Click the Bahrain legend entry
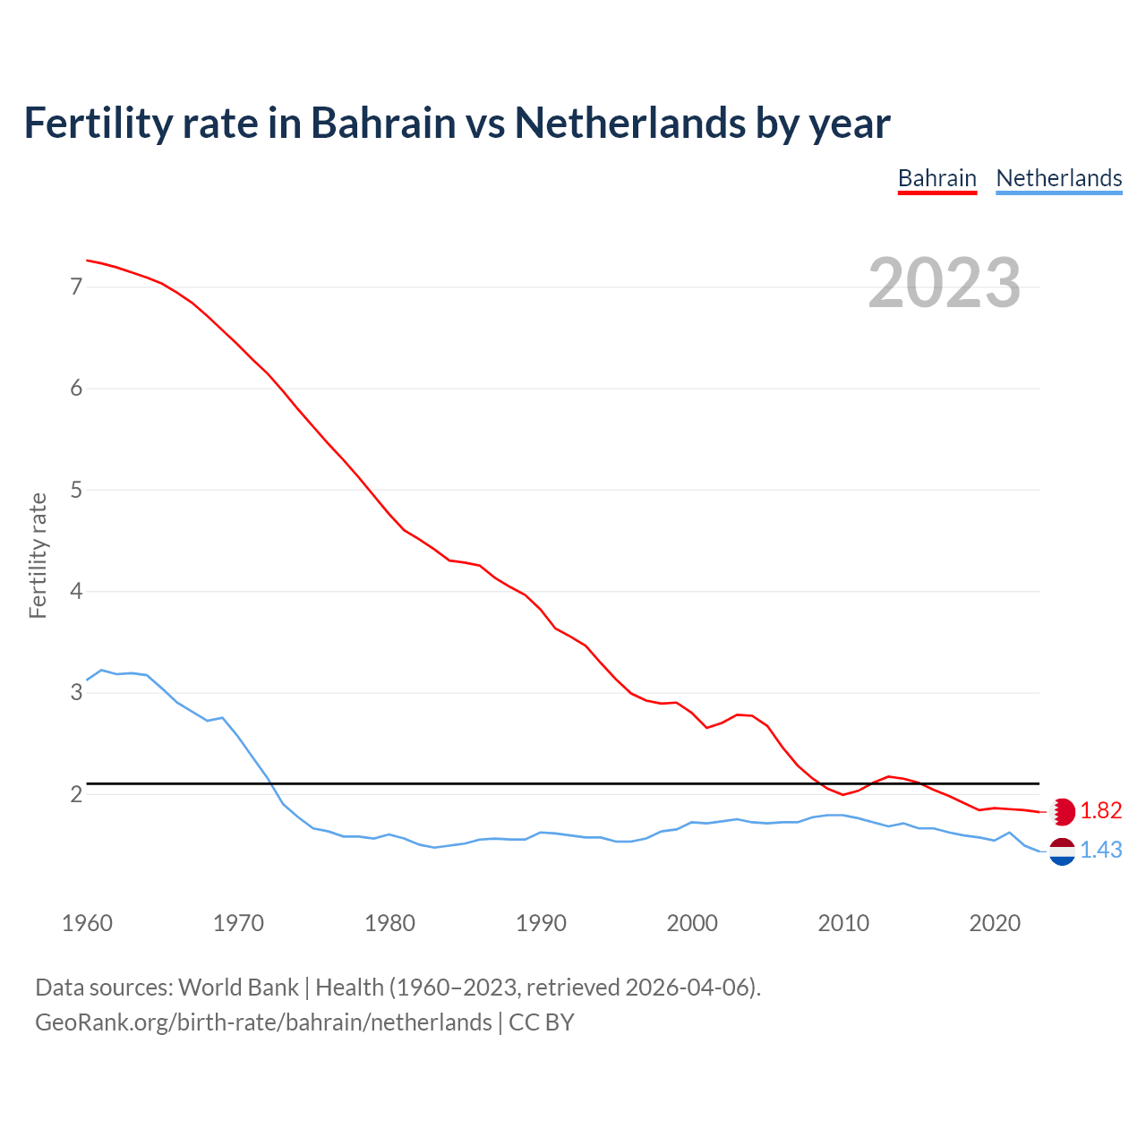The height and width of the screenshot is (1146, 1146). point(936,178)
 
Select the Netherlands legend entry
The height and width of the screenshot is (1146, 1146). point(1058,178)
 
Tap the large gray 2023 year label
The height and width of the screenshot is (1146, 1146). point(944,283)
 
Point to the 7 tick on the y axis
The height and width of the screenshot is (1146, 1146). point(76,287)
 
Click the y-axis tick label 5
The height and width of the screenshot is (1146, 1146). point(76,490)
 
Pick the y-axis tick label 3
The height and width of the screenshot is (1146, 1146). point(76,693)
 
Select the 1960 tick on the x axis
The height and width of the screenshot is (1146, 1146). point(87,923)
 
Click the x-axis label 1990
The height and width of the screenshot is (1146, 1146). point(541,923)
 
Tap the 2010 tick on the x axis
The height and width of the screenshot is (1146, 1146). point(843,923)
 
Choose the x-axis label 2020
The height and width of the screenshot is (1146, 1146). point(995,923)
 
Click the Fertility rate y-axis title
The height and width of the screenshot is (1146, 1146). point(38,555)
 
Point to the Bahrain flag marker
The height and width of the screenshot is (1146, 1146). point(1062,811)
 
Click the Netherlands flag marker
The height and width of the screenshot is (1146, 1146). point(1062,851)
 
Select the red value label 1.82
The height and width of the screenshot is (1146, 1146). point(1100,811)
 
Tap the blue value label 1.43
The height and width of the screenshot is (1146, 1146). point(1100,851)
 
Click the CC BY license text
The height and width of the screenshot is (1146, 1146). point(541,1022)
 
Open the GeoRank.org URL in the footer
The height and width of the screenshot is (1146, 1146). point(263,1022)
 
